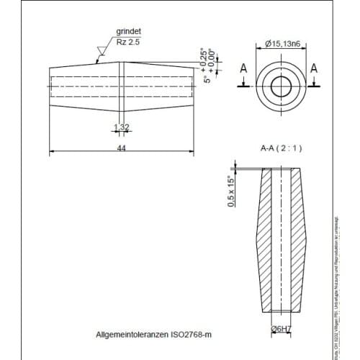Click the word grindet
[x=128, y=32]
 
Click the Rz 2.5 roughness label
[x=127, y=43]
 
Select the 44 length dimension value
[x=121, y=148]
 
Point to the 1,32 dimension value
[x=121, y=127]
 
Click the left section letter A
[x=243, y=68]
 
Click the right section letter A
[x=314, y=68]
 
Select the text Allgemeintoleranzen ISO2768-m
[x=154, y=335]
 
